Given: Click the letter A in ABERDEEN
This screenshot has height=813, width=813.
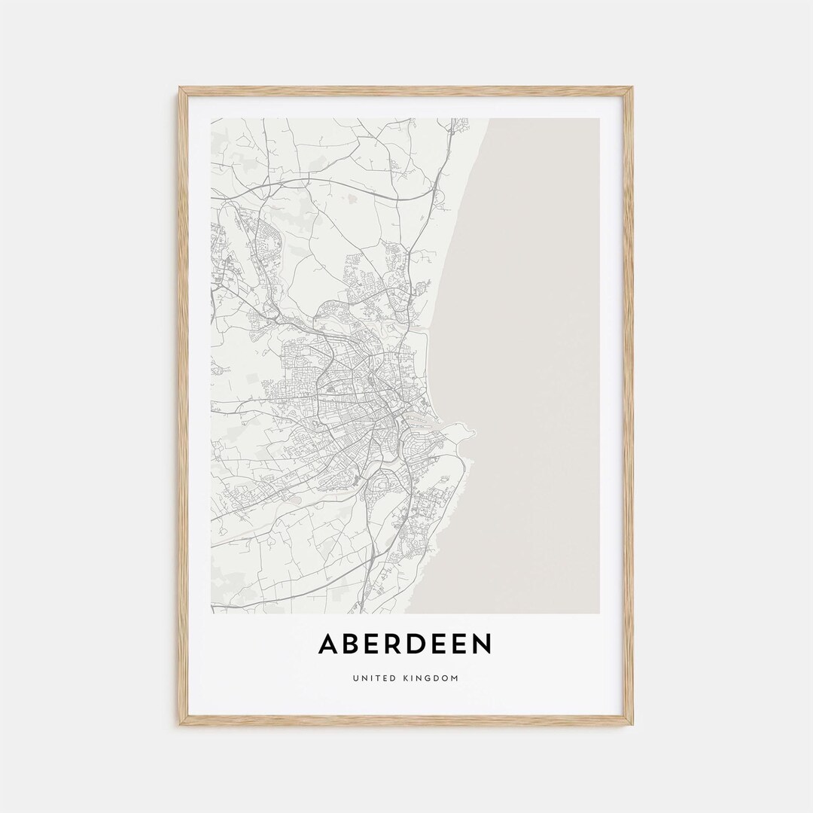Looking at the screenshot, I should coord(329,644).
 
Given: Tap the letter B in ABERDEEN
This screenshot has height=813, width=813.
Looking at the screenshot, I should coord(354,644).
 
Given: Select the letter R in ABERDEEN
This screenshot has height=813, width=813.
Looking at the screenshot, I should coord(397,644).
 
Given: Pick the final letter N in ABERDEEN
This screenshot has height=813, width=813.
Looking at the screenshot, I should coord(482,644).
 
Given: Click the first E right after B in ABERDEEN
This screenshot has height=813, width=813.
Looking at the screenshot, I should coord(376,644).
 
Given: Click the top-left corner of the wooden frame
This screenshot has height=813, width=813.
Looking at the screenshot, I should coord(181,89).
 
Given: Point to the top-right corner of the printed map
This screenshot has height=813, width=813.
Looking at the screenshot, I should coord(599,119).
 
